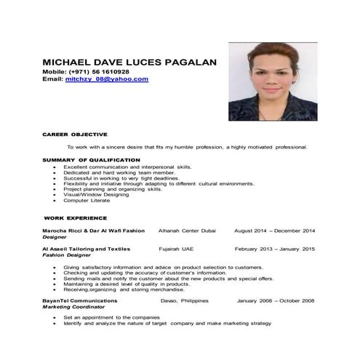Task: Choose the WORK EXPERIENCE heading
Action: click(x=76, y=217)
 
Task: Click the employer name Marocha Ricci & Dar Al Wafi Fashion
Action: click(x=93, y=231)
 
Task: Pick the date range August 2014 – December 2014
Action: click(x=274, y=231)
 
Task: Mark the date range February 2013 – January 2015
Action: click(x=274, y=249)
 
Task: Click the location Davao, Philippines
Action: click(x=184, y=300)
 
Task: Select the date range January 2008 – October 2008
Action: click(x=275, y=300)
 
